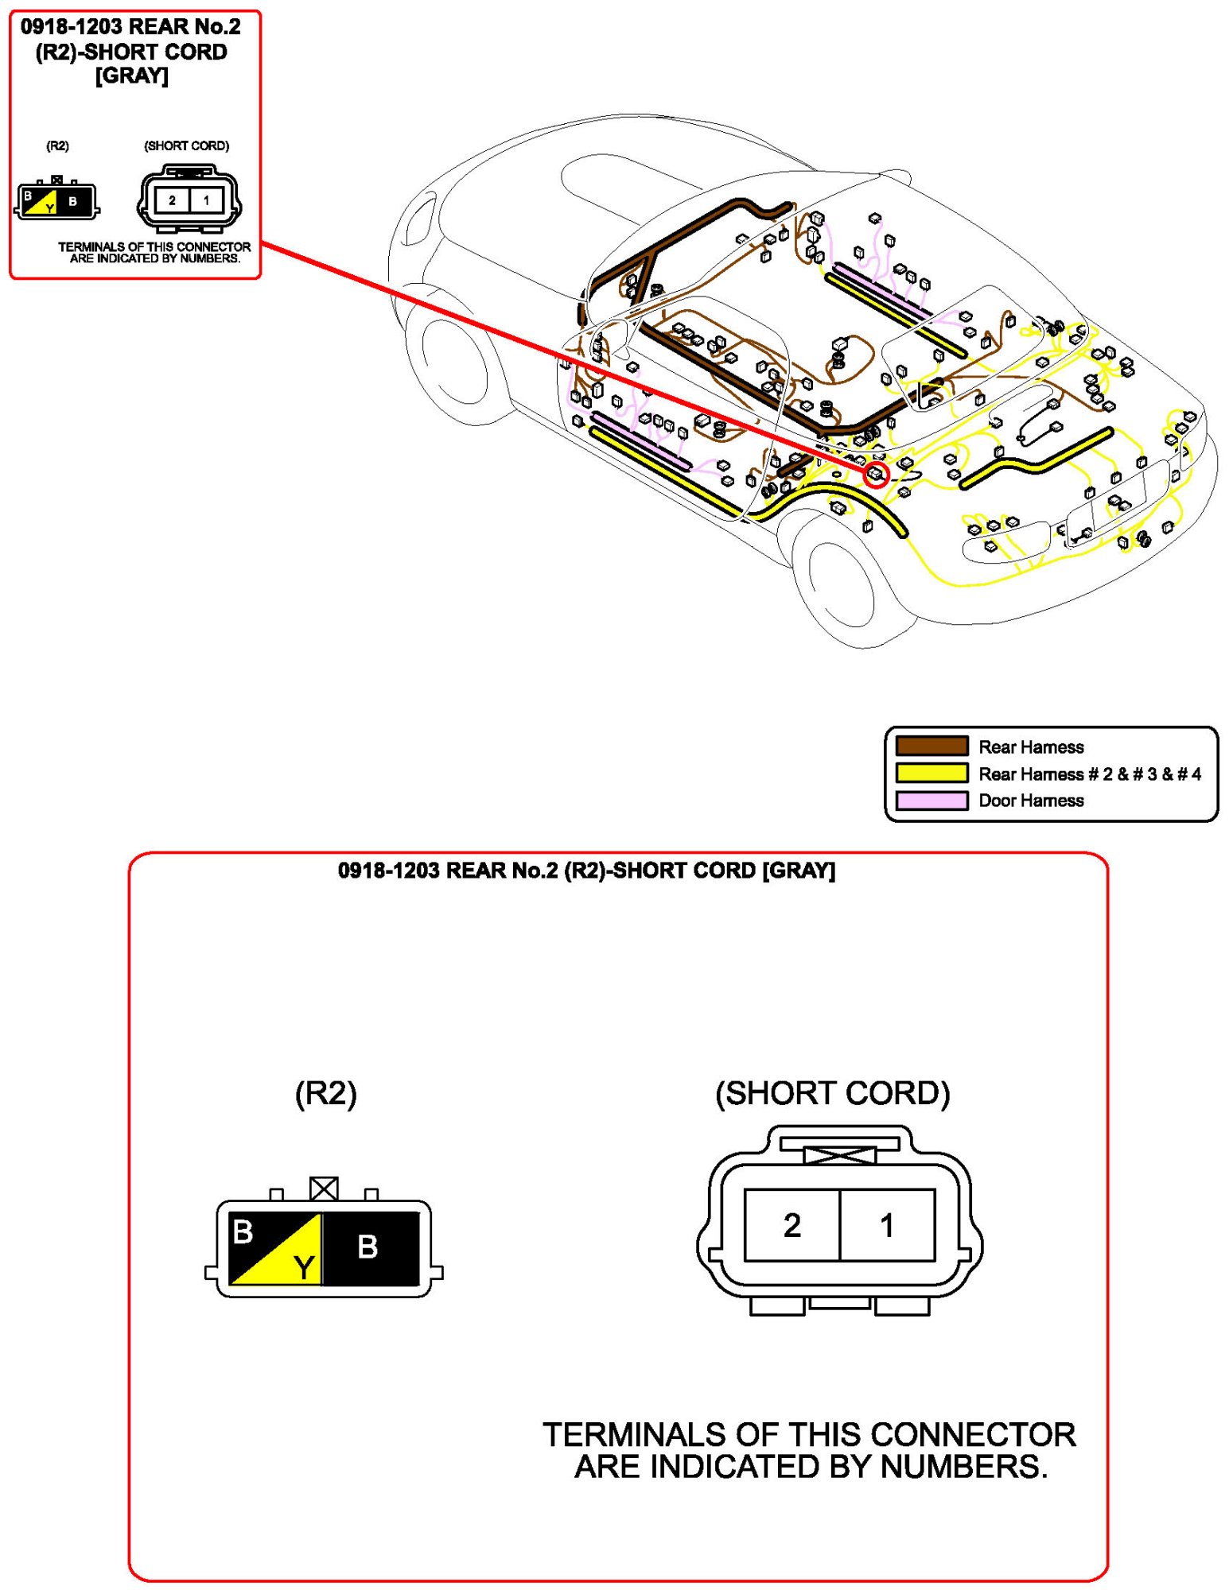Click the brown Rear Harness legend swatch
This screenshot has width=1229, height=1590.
(931, 746)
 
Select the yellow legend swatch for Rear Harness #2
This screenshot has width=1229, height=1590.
(931, 773)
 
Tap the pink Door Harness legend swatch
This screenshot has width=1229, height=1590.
(931, 800)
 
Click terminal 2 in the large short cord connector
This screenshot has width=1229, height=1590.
(791, 1225)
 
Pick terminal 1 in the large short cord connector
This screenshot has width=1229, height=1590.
(887, 1225)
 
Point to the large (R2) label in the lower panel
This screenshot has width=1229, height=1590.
(325, 1093)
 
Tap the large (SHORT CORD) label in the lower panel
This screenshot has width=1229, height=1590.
(832, 1093)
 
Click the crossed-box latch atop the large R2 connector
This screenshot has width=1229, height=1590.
(324, 1189)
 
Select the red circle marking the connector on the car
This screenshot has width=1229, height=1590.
(876, 475)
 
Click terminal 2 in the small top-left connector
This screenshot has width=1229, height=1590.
(172, 200)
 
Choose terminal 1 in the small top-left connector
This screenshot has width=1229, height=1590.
(206, 200)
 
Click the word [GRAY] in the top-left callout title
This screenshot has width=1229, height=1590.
(131, 76)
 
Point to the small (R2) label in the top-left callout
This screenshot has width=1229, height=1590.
(57, 146)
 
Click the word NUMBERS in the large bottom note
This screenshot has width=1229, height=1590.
(963, 1467)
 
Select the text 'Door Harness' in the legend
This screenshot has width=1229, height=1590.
(1031, 801)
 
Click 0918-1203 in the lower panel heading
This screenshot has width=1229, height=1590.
(388, 871)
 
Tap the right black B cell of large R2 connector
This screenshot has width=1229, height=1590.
(370, 1247)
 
